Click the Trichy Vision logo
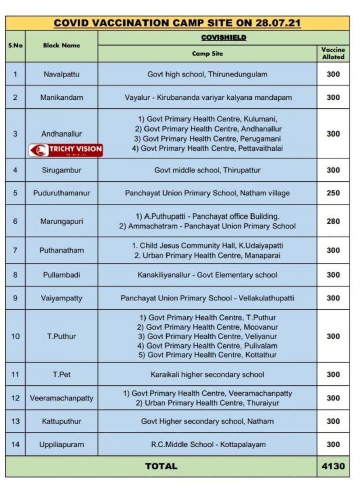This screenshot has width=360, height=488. click(66, 150)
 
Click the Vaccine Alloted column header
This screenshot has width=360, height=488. click(333, 53)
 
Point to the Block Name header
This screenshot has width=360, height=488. click(61, 46)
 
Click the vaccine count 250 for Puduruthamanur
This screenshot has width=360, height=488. click(333, 193)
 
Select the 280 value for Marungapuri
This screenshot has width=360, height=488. click(333, 221)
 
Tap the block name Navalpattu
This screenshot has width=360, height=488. click(61, 74)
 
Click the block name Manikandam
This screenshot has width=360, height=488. click(61, 97)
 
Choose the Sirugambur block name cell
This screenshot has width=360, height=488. click(61, 170)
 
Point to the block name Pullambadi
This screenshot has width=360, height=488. click(61, 275)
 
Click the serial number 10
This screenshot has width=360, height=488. click(15, 336)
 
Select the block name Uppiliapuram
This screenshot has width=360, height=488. click(61, 444)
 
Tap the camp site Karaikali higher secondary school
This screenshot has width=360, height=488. click(207, 375)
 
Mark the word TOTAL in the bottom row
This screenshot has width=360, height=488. click(161, 466)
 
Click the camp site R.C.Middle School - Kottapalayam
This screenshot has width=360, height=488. click(207, 444)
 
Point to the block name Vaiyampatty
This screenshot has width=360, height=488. click(61, 298)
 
